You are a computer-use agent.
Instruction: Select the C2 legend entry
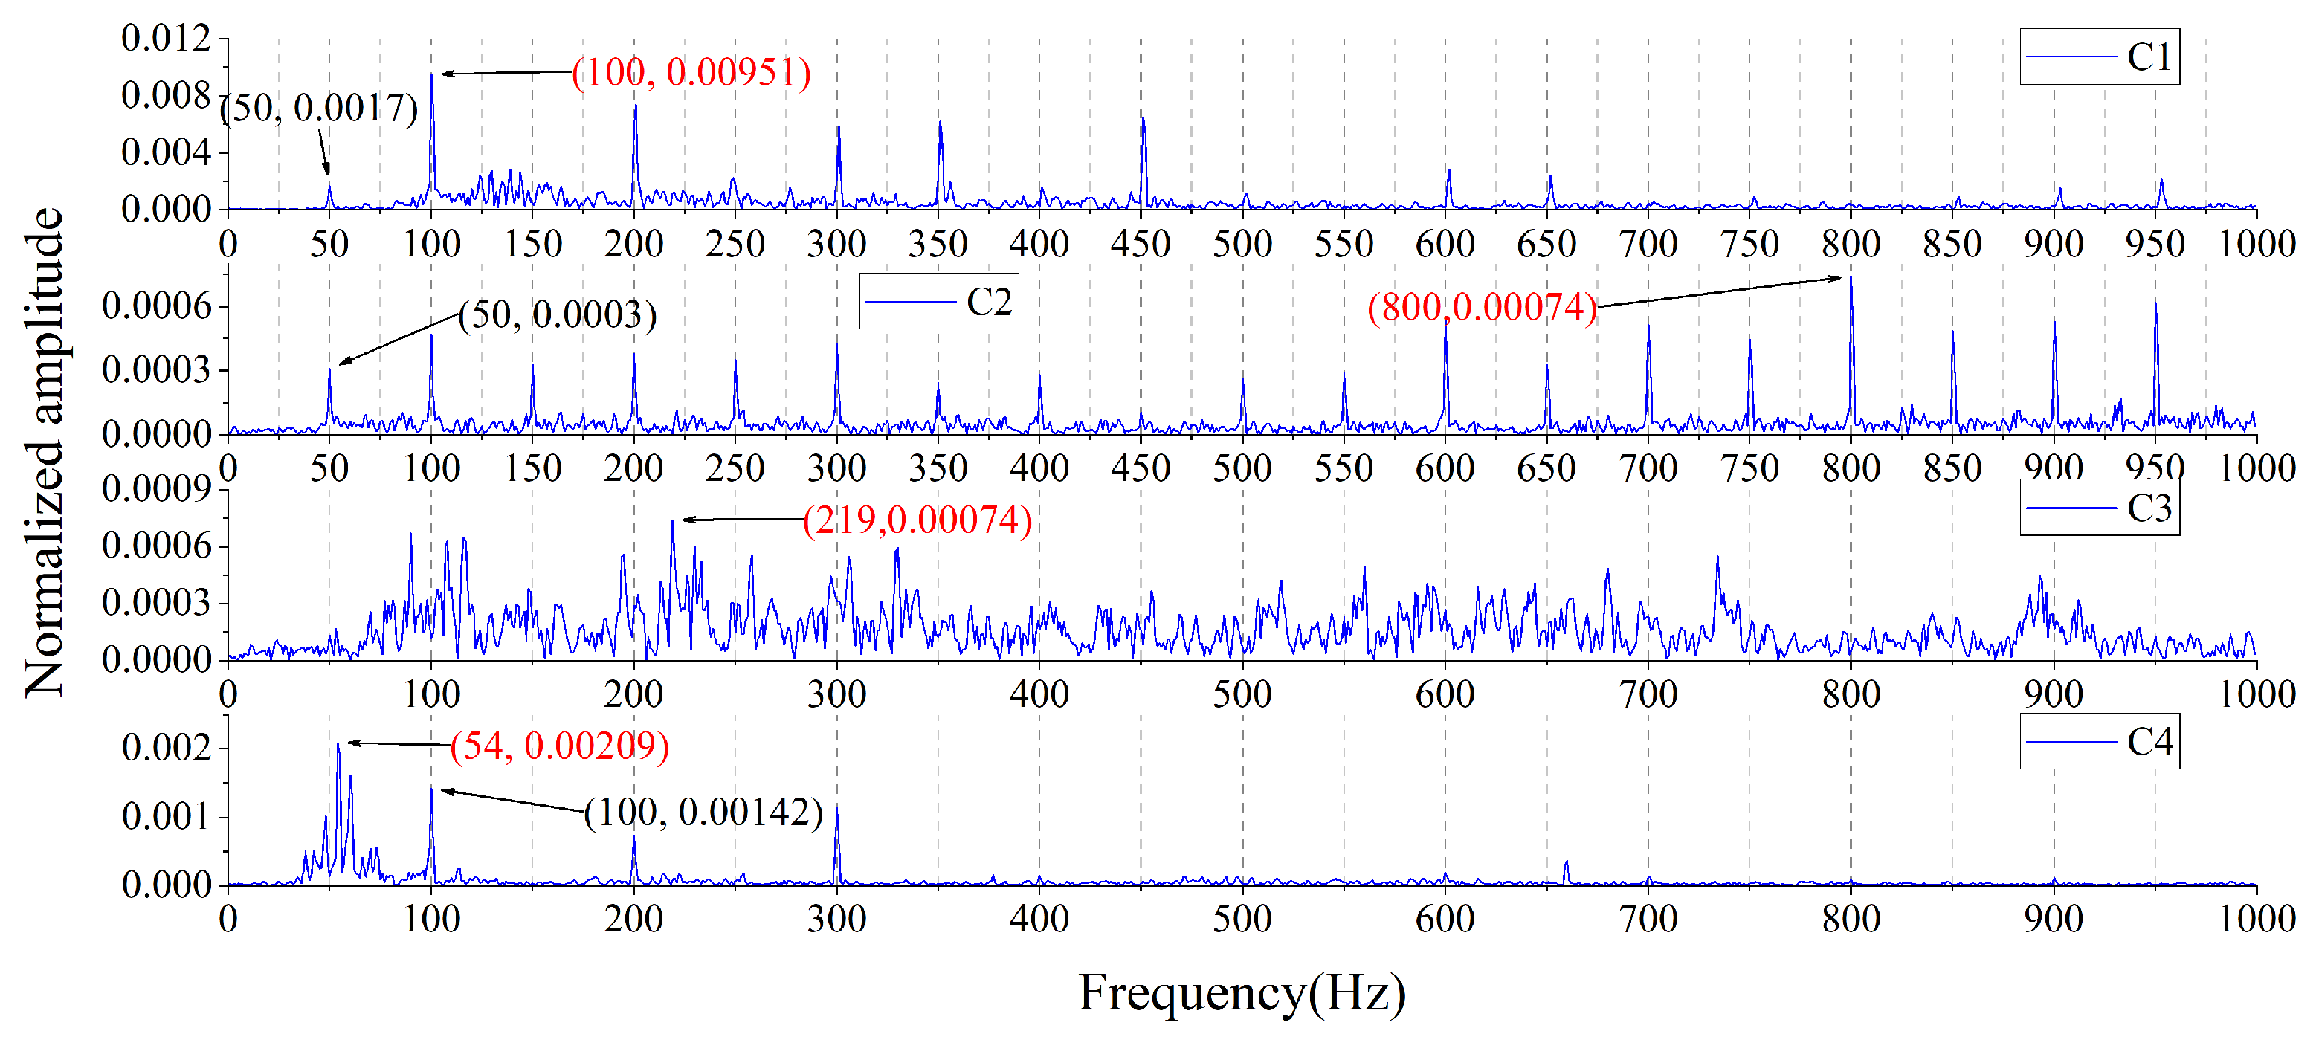coord(938,301)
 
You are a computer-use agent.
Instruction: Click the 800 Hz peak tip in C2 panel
coord(1851,279)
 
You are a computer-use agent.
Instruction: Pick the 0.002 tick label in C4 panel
coord(167,747)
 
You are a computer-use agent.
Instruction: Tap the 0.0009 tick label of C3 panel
coord(156,489)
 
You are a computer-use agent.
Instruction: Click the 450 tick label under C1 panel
coord(1140,244)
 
